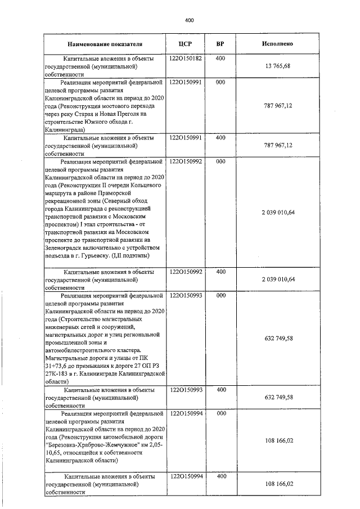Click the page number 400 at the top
click(x=189, y=20)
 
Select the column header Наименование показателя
click(x=105, y=44)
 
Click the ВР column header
click(x=220, y=44)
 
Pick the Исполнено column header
click(x=277, y=44)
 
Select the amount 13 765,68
click(x=278, y=66)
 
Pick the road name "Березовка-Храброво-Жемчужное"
click(x=85, y=444)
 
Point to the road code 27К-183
click(x=58, y=373)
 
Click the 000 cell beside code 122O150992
click(x=220, y=161)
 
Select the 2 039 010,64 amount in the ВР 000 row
click(x=278, y=212)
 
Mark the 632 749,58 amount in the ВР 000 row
click(x=278, y=338)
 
